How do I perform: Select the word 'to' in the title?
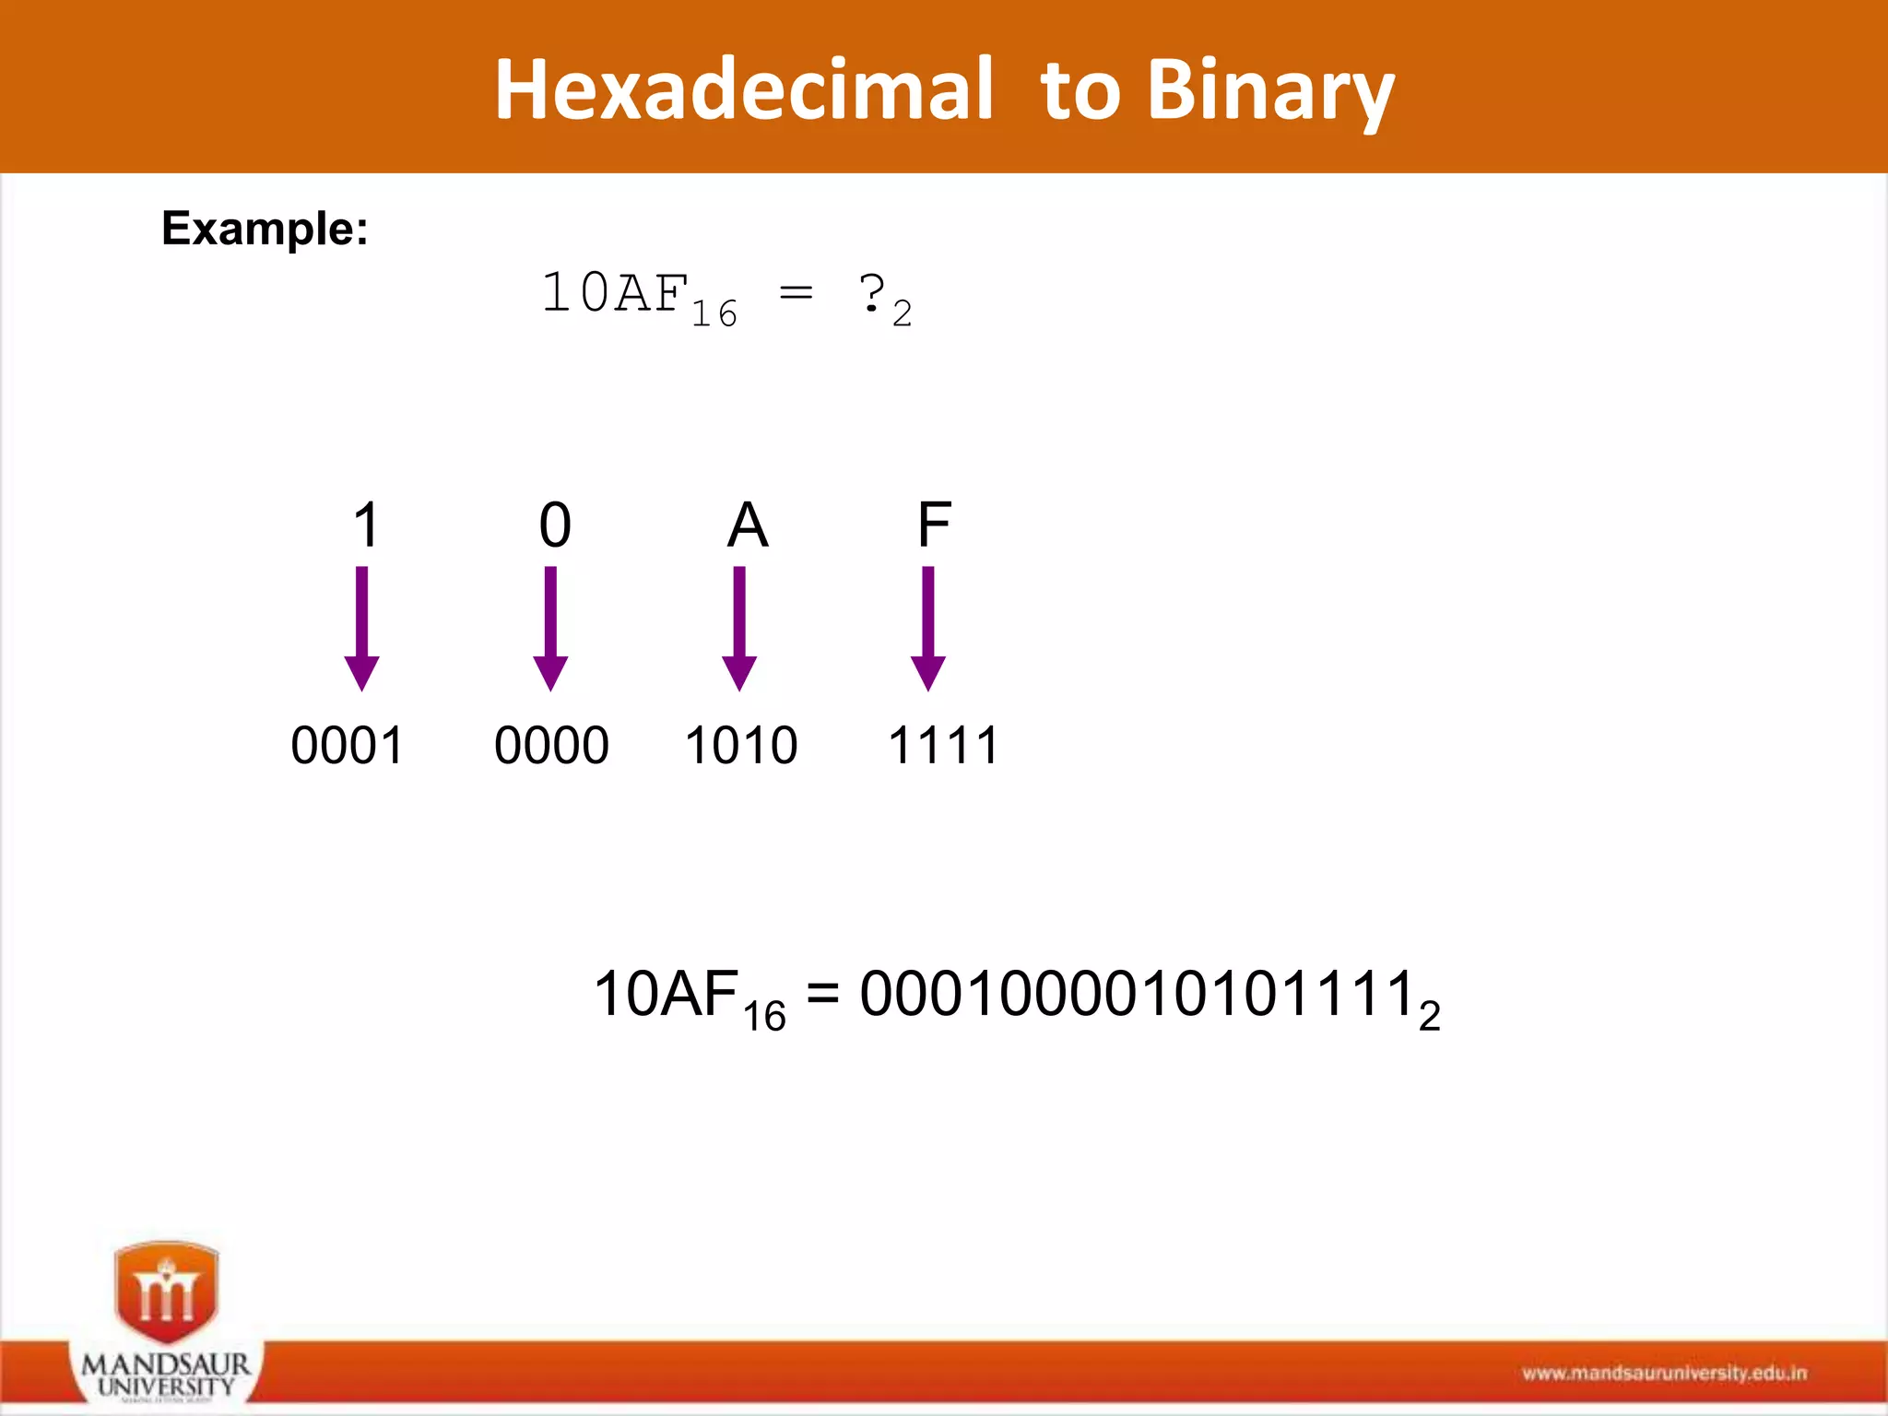click(1080, 91)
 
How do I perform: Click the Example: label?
click(265, 228)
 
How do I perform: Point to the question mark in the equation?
click(871, 294)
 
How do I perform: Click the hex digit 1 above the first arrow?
click(366, 525)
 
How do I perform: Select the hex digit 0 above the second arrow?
click(555, 525)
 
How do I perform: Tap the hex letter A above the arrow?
click(747, 525)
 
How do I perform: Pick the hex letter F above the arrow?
click(934, 525)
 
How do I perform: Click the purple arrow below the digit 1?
click(362, 629)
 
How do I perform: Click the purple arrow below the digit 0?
click(550, 629)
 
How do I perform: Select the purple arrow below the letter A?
click(739, 629)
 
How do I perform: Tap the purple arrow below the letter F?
click(928, 629)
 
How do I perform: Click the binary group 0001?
click(347, 745)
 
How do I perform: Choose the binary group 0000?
click(551, 745)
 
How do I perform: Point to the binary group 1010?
click(740, 745)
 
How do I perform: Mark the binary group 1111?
click(943, 745)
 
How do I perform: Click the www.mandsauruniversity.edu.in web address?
click(1664, 1374)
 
